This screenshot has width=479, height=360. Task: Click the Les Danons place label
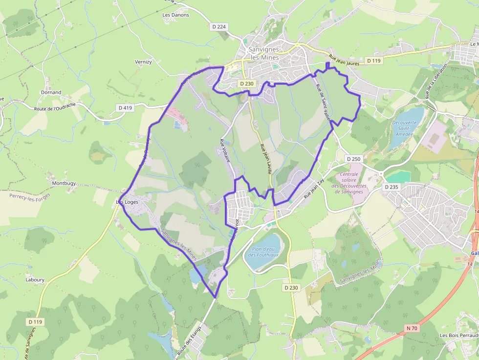pyautogui.click(x=175, y=15)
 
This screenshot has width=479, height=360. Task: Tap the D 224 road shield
pyautogui.click(x=219, y=27)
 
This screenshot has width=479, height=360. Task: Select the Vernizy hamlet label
pyautogui.click(x=143, y=62)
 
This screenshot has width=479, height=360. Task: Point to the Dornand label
pyautogui.click(x=51, y=92)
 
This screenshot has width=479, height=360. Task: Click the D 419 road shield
pyautogui.click(x=125, y=107)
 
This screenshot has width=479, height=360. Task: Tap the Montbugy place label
pyautogui.click(x=64, y=183)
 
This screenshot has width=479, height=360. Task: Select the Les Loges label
pyautogui.click(x=128, y=202)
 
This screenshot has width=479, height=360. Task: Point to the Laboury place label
pyautogui.click(x=35, y=280)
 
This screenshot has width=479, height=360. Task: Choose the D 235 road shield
pyautogui.click(x=392, y=187)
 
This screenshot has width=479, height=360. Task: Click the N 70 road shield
pyautogui.click(x=411, y=328)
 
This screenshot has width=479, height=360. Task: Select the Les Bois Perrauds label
pyautogui.click(x=458, y=336)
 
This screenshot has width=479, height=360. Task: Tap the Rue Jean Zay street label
pyautogui.click(x=314, y=188)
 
